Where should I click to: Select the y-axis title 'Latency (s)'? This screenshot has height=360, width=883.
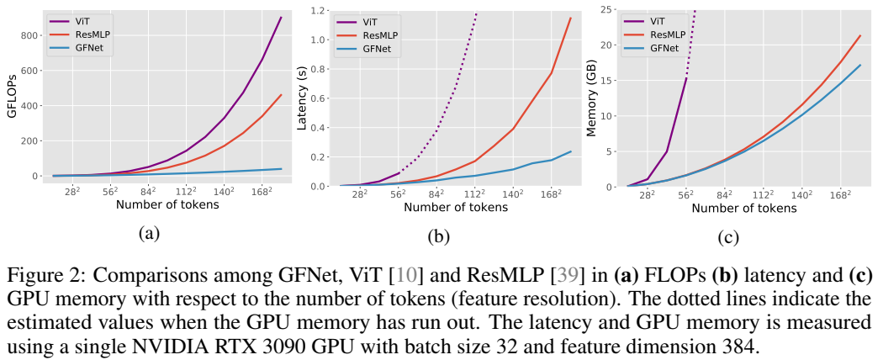[303, 98]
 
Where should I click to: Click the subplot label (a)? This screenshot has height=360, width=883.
[148, 234]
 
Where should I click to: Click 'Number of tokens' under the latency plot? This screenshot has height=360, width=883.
[454, 208]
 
